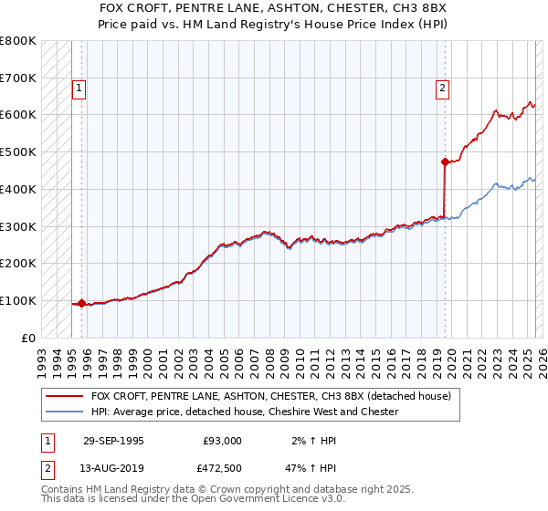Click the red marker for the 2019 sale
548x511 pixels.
(x=445, y=162)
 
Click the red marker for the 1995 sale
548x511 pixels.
(x=81, y=303)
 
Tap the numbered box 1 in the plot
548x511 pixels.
(x=79, y=89)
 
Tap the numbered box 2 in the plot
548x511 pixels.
(x=442, y=89)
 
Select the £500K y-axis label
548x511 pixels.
(x=18, y=152)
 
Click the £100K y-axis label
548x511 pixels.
(x=18, y=300)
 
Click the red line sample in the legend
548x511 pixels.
(x=64, y=397)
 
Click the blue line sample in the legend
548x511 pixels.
(x=64, y=412)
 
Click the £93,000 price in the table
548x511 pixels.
(x=222, y=441)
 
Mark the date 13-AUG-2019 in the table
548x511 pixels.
(x=113, y=468)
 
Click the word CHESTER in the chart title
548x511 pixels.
(x=344, y=7)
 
